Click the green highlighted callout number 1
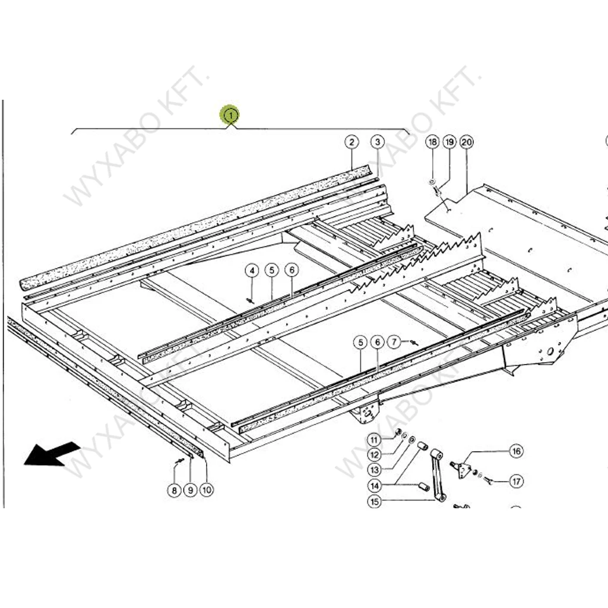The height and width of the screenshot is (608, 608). tap(230, 115)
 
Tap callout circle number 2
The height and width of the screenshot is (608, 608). tap(351, 142)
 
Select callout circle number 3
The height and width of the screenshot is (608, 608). tap(378, 142)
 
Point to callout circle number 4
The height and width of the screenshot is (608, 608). tap(252, 271)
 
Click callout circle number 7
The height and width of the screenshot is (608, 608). tap(394, 342)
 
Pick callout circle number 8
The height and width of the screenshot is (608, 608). tap(174, 490)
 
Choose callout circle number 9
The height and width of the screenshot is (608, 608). tap(191, 490)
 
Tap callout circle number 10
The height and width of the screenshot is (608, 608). tap(207, 490)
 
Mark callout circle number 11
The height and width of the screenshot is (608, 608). tap(374, 440)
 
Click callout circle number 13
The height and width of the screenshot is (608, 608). tap(374, 470)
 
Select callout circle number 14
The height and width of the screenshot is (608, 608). tap(374, 486)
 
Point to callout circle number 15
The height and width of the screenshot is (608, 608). tap(374, 502)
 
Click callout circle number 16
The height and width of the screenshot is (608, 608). tap(517, 451)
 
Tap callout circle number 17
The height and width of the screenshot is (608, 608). tap(517, 482)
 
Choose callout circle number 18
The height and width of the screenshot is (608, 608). tap(432, 142)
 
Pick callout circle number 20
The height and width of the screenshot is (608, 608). tap(467, 142)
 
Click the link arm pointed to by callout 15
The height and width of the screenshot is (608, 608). tap(437, 475)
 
